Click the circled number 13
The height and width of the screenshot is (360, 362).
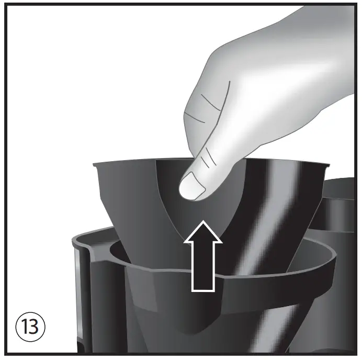pos(30,328)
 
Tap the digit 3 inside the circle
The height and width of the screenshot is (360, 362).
pos(35,328)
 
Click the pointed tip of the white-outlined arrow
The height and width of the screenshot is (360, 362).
pos(203,223)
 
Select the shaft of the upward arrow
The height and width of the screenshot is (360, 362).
pos(203,267)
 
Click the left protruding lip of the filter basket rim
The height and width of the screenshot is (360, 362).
pos(96,165)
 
